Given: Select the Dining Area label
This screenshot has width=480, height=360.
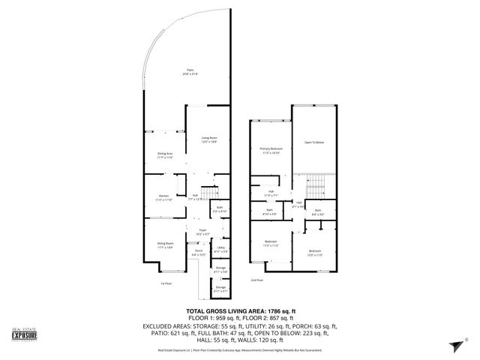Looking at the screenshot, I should (164, 154).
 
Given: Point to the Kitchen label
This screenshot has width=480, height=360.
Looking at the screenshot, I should (163, 198).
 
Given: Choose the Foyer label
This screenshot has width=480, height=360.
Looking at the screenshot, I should (202, 232).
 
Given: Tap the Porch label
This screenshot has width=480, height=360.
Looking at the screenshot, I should (199, 253).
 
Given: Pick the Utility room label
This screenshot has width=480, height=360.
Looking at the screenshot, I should (221, 248).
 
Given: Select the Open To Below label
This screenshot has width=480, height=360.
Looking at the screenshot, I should (313, 142).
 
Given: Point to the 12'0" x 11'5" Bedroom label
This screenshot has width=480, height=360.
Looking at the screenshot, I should (315, 252).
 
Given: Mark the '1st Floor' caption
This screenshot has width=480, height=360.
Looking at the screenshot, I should (166, 283).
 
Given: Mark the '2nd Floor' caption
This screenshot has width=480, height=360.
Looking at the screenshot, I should (258, 279).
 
